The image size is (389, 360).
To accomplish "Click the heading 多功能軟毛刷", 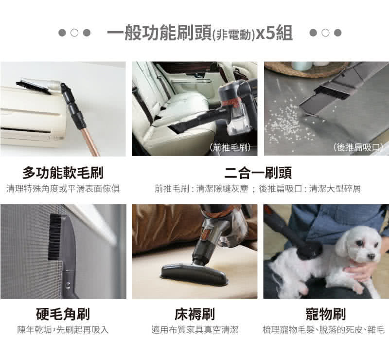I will pos(63,173).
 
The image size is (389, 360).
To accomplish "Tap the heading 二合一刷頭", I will pos(258,173).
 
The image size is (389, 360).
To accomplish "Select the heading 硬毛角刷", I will pos(63,314).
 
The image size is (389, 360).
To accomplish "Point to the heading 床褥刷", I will pos(194,314).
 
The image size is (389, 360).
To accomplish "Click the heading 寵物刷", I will pos(325,314).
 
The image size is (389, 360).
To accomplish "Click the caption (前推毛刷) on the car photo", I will pos(230,147).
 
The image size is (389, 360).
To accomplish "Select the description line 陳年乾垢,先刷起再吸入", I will pos(63,330).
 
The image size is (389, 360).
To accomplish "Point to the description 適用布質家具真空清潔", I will pos(194,330).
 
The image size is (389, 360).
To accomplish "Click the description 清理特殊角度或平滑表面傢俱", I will pos(63,188).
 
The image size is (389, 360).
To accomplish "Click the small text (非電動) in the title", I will pos(233,35).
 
